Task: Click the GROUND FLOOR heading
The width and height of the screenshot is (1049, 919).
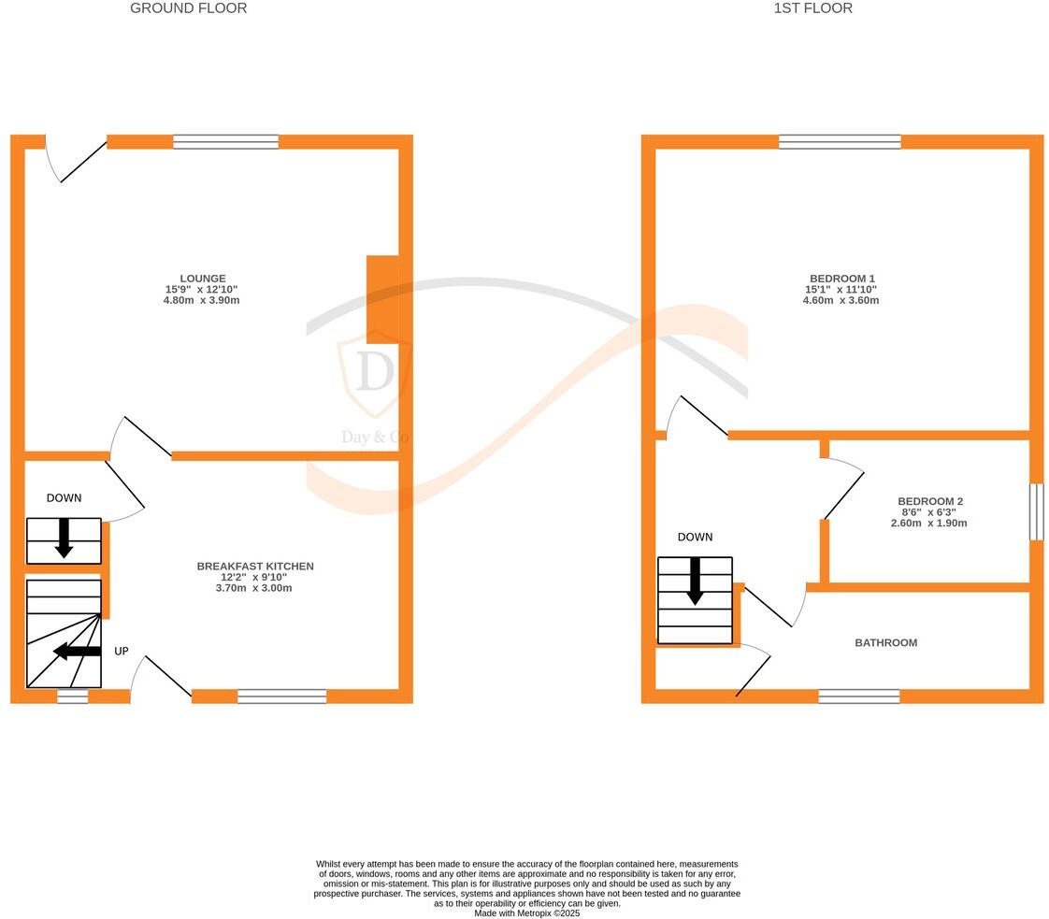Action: [x=188, y=8]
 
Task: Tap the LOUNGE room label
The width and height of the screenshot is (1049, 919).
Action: [x=202, y=279]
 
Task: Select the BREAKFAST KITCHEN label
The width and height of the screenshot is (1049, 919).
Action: [x=254, y=567]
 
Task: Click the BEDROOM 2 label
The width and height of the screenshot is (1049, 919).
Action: [x=929, y=502]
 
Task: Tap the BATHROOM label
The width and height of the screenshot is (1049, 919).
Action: [x=885, y=643]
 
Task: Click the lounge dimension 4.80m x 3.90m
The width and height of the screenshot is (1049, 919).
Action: [x=202, y=301]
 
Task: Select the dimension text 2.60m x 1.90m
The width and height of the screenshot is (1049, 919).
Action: [x=929, y=524]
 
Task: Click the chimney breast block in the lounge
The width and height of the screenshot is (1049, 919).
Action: [x=382, y=294]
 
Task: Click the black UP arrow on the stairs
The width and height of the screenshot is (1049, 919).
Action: [x=77, y=651]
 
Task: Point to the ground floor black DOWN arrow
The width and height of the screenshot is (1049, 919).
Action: [x=64, y=538]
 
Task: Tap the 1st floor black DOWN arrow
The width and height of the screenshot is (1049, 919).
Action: [x=695, y=581]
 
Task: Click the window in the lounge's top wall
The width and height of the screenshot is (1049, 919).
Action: [x=225, y=142]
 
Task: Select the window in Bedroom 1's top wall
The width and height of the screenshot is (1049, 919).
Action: [x=840, y=142]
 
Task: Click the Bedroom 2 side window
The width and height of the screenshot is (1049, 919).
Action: [x=1036, y=511]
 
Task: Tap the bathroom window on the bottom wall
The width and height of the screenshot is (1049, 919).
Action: [x=858, y=696]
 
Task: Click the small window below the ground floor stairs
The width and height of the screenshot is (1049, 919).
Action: [x=72, y=696]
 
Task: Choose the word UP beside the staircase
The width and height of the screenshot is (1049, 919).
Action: [x=122, y=652]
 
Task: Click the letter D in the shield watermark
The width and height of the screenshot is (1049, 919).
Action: [x=375, y=373]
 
